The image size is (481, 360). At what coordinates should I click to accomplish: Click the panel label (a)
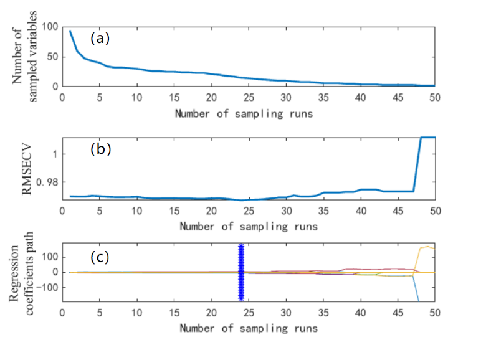click(x=100, y=38)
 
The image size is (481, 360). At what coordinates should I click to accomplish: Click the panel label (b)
click(x=100, y=149)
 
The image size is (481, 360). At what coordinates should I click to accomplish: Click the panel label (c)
click(x=100, y=257)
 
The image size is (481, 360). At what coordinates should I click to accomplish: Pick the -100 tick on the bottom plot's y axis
click(x=47, y=288)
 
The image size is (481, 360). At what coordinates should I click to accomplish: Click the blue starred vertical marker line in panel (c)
click(x=241, y=273)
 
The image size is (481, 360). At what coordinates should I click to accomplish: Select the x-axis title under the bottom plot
click(x=248, y=328)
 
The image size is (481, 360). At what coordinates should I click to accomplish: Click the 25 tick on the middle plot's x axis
click(x=249, y=211)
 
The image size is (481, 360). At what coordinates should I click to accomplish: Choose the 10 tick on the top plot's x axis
click(x=136, y=98)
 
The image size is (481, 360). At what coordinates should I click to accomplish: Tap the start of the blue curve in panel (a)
click(x=70, y=31)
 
